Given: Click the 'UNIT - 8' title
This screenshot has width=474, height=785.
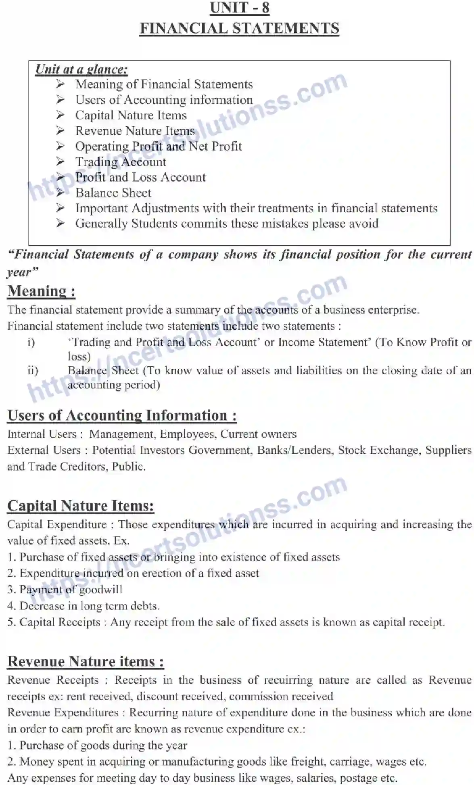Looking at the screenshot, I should (x=239, y=8).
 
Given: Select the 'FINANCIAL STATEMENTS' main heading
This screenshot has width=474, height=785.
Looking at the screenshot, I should (x=239, y=29).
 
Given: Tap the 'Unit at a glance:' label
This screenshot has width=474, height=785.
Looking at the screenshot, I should (x=81, y=69).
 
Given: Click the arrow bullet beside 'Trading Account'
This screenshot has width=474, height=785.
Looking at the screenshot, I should (x=60, y=162).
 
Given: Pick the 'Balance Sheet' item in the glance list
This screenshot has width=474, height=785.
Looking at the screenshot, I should (x=113, y=193).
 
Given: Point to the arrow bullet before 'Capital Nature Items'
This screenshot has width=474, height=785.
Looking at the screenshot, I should (x=60, y=115).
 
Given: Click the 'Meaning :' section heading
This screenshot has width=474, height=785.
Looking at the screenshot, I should (x=41, y=291).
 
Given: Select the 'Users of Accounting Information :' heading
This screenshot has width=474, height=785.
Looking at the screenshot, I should (x=122, y=415).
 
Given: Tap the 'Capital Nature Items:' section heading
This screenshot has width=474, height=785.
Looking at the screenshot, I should (x=81, y=506).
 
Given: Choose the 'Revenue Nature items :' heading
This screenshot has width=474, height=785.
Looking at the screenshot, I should (x=86, y=661).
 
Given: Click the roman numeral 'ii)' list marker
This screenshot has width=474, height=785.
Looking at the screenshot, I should (x=33, y=371).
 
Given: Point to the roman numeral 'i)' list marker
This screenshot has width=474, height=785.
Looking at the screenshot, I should (x=31, y=343).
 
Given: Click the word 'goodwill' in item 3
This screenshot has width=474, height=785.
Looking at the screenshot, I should (x=101, y=590).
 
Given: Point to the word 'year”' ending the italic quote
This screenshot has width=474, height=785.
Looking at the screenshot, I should (x=22, y=272).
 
